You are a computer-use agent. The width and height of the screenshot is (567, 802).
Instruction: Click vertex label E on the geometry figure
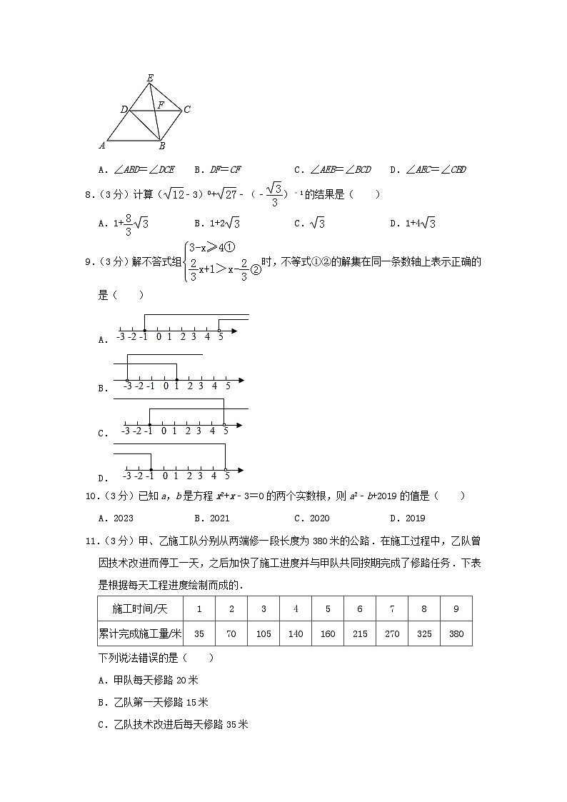[x=150, y=77]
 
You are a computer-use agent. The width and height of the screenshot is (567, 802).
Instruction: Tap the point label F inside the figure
[x=161, y=106]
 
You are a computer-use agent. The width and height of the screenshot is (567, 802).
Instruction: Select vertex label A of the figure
[x=102, y=145]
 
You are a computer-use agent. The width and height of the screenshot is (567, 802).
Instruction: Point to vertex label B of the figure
[x=162, y=146]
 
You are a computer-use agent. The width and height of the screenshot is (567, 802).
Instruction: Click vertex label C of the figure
[x=186, y=109]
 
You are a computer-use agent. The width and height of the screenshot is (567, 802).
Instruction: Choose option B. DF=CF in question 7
[x=217, y=170]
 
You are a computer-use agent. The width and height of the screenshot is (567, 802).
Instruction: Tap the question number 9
[x=89, y=262]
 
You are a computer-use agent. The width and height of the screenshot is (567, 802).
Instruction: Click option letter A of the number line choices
[x=102, y=341]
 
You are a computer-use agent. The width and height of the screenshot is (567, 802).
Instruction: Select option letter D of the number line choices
[x=102, y=478]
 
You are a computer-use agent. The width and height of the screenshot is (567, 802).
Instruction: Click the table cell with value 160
[x=328, y=633]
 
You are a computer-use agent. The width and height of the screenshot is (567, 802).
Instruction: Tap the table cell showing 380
[x=456, y=633]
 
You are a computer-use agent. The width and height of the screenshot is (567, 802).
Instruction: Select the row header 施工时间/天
[x=140, y=608]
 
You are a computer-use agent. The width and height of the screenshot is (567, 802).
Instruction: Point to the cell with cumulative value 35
[x=199, y=633]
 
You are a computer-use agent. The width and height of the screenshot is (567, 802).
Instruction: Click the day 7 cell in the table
[x=392, y=608]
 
